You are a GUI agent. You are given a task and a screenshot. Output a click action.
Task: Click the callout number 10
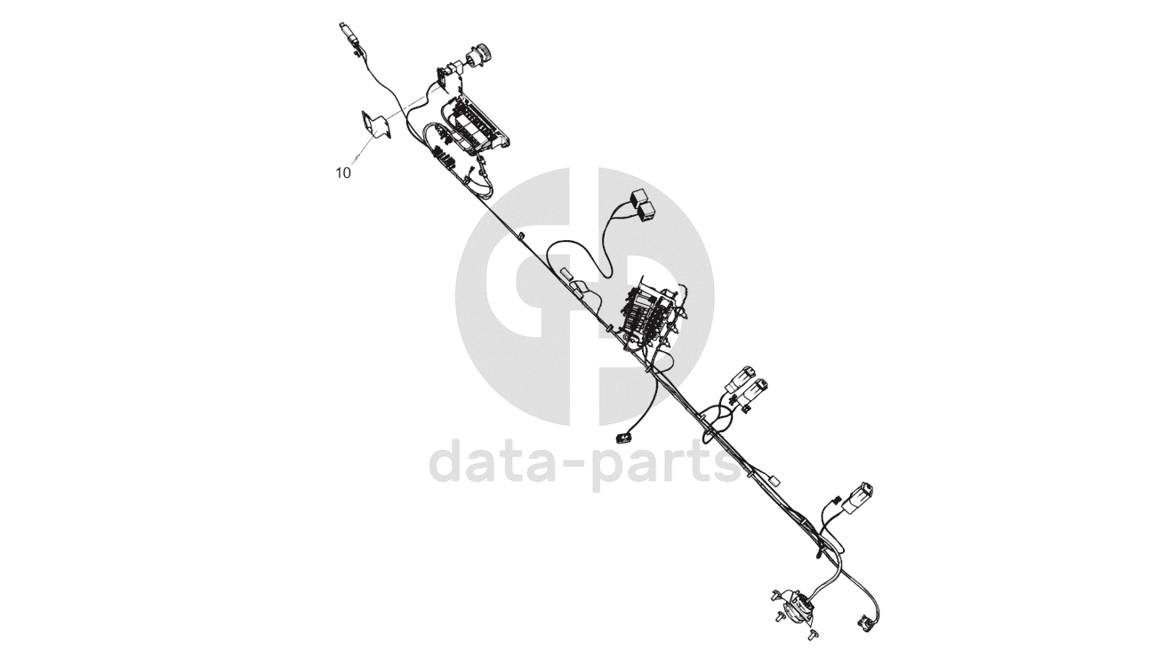click(343, 173)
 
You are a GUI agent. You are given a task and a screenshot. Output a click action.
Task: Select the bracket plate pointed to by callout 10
click(376, 124)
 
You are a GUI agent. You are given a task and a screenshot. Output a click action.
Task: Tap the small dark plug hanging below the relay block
click(621, 437)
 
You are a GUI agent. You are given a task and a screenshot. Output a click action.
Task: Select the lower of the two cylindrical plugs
click(757, 391)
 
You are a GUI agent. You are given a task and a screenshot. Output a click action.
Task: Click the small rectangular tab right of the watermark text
click(773, 481)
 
